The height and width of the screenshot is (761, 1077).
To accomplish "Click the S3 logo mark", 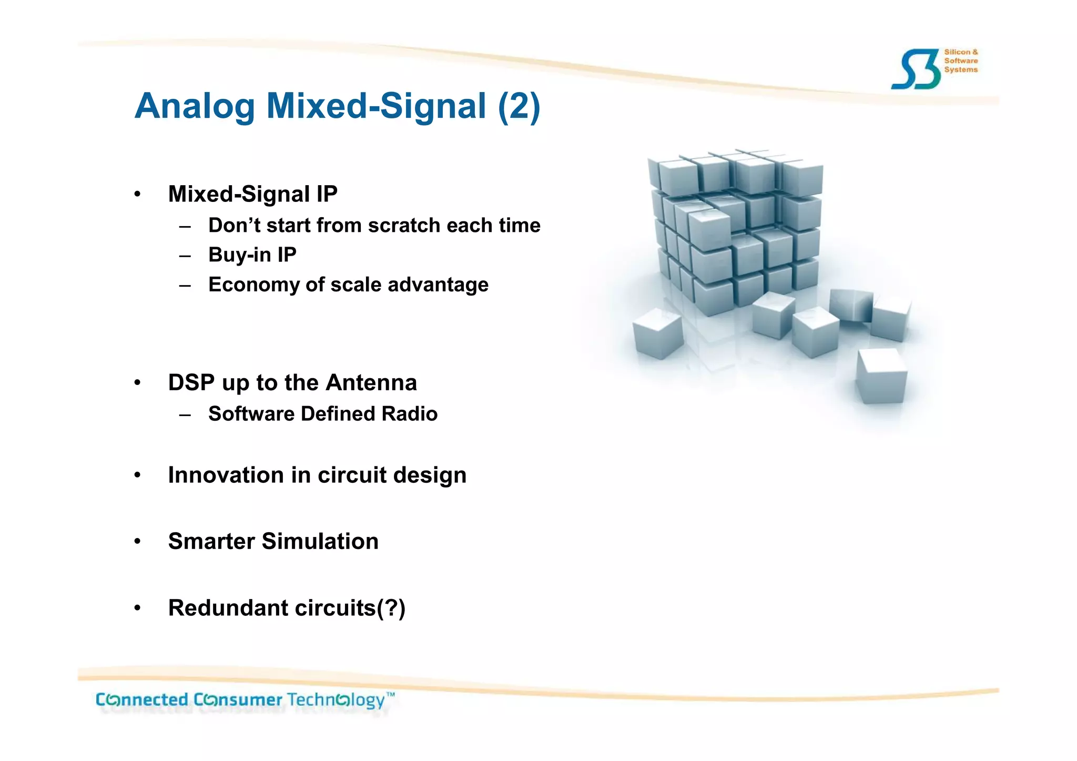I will click(x=916, y=69).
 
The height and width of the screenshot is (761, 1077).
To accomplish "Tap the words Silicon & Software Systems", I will click(x=961, y=61).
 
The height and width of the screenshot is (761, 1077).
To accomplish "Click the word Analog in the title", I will click(x=195, y=107).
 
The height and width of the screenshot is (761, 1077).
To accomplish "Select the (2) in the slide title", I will click(x=519, y=107).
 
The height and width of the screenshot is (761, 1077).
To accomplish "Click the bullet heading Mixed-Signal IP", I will click(x=252, y=194).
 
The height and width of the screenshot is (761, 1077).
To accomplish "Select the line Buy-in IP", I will click(x=252, y=255).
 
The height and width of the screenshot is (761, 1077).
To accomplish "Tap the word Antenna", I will click(x=371, y=383).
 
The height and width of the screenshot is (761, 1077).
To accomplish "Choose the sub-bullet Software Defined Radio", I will click(x=322, y=414).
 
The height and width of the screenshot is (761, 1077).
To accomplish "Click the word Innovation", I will click(x=226, y=475).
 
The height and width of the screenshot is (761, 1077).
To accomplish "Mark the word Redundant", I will click(x=228, y=608).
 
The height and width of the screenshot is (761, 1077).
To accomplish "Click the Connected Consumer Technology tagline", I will click(x=241, y=700).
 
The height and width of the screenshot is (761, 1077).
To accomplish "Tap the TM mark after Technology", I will click(x=390, y=695).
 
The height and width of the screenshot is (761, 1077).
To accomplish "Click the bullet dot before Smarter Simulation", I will click(x=137, y=542).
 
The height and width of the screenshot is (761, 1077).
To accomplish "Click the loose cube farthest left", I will click(x=658, y=334).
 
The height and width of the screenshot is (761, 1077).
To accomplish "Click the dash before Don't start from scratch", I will click(x=185, y=227).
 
